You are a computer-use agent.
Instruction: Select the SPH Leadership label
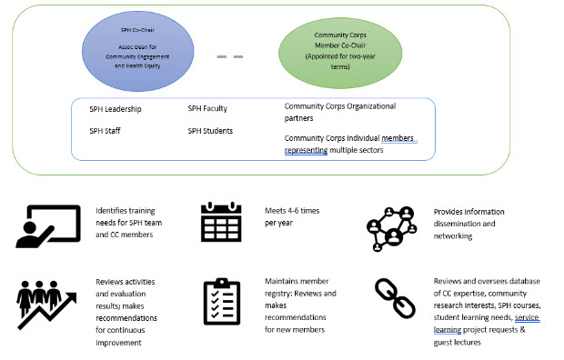(x=116, y=109)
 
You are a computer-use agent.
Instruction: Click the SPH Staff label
(x=106, y=131)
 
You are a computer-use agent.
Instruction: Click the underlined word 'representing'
(x=306, y=149)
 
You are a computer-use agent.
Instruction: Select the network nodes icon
(x=392, y=224)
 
